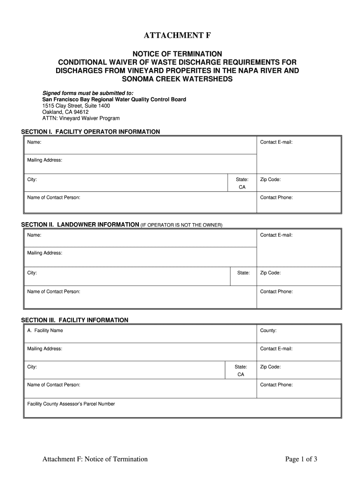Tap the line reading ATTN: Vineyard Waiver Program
click(x=81, y=119)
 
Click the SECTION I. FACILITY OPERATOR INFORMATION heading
click(x=91, y=132)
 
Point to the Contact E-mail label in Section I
click(x=276, y=142)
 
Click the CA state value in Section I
click(x=242, y=187)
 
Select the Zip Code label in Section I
click(x=270, y=180)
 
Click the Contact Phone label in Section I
click(x=276, y=197)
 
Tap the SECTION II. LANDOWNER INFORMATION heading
click(x=80, y=225)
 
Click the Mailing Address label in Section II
click(x=45, y=253)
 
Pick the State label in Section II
click(x=243, y=273)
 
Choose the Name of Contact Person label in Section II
click(x=54, y=291)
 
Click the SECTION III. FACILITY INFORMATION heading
click(x=75, y=320)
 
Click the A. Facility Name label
click(x=45, y=330)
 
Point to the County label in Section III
click(x=268, y=330)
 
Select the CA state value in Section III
click(x=241, y=375)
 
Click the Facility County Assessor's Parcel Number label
click(x=71, y=404)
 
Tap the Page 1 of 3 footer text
click(x=301, y=459)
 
